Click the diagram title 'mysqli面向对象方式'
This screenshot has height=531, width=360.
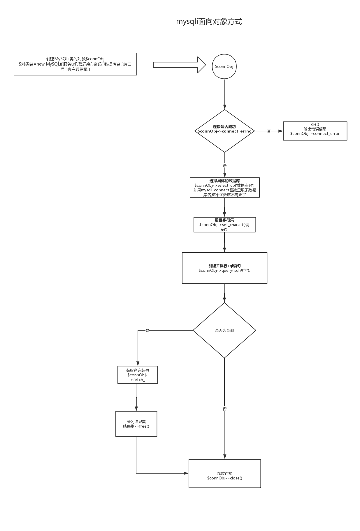209,22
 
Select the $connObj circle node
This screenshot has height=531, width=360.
224,66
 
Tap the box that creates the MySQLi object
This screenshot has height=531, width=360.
75,64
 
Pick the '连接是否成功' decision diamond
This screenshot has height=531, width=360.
224,131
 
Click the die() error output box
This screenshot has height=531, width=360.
315,131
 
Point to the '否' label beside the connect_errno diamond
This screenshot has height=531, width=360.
269,131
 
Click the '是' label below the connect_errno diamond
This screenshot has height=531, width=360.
224,165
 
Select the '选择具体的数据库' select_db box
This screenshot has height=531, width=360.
224,188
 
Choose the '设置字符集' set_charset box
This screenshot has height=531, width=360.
224,225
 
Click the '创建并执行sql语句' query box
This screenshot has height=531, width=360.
224,268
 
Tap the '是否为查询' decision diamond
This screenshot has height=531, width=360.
224,330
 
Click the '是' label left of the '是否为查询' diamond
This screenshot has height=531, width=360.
147,331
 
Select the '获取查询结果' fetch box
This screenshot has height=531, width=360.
138,375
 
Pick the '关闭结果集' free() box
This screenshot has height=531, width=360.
136,424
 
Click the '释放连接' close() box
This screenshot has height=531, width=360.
225,474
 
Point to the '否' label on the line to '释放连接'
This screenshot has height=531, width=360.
224,409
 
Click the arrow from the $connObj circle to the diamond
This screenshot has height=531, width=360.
224,94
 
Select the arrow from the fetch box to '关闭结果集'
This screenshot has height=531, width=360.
136,397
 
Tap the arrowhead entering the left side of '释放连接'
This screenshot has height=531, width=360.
186,473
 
